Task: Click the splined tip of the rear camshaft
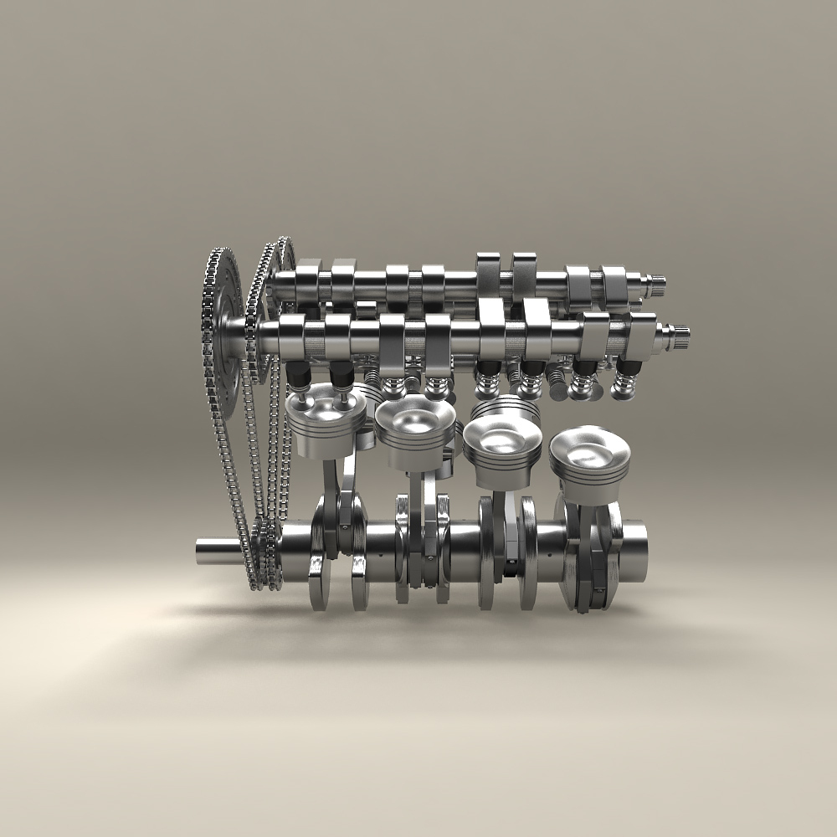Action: [x=660, y=287]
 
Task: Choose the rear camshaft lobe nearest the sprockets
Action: [x=308, y=276]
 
